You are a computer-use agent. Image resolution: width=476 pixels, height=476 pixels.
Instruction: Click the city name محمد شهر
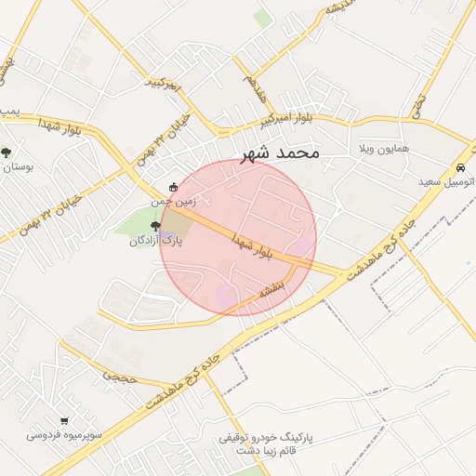click(x=279, y=152)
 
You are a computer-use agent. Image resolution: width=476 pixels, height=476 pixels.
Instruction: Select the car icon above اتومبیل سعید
click(x=460, y=168)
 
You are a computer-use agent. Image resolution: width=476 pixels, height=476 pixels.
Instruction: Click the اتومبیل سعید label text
click(x=447, y=182)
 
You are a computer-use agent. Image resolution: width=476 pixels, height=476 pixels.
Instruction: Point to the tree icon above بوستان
click(x=7, y=152)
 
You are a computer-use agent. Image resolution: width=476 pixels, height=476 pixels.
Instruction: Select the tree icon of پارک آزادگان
click(x=155, y=226)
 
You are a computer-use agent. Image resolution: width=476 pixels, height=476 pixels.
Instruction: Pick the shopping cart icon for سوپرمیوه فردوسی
click(x=64, y=420)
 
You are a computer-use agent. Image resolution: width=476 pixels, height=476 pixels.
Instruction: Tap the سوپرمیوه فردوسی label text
click(x=64, y=434)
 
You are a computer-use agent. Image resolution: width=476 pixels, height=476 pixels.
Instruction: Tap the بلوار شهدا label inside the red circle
click(x=252, y=248)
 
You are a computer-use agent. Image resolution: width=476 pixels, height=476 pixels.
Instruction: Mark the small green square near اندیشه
click(x=264, y=18)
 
